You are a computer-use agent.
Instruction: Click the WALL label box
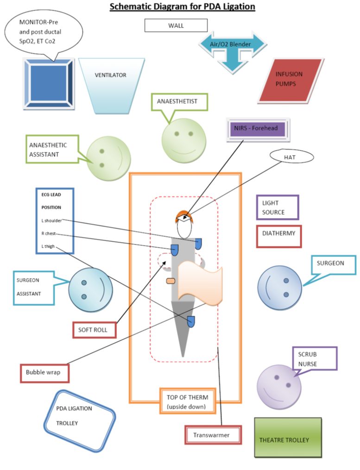[176, 25]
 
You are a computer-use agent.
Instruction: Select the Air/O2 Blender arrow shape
[233, 45]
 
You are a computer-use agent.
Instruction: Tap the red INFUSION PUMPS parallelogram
[289, 79]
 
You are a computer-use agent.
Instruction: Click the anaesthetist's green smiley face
[183, 140]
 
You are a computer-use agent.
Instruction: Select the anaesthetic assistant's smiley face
[108, 159]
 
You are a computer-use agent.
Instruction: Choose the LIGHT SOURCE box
[277, 207]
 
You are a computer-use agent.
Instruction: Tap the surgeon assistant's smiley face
[90, 289]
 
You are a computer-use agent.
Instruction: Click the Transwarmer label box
[213, 435]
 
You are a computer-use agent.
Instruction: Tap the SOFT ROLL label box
[94, 330]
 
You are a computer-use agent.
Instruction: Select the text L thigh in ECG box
[48, 247]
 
